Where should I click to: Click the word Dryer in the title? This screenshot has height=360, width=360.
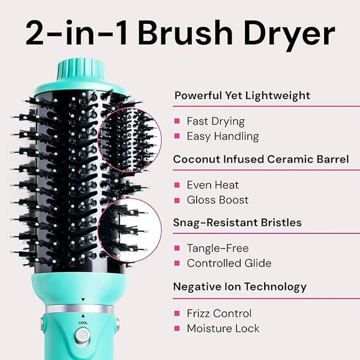289,34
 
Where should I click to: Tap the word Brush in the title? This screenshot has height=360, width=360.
185,32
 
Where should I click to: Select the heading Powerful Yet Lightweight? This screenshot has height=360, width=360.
242,95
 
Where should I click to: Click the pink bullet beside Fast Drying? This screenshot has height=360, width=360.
177,121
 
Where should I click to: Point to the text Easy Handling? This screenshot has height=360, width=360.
223,136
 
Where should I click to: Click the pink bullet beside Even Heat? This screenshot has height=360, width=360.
177,185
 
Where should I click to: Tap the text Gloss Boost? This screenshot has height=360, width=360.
218,200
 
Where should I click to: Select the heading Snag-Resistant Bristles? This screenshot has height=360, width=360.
238,223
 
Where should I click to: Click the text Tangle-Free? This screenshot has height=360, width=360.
218,248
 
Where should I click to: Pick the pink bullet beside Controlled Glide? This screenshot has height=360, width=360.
177,263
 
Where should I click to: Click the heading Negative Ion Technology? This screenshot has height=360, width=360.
240,287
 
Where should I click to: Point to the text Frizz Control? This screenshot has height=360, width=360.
219,313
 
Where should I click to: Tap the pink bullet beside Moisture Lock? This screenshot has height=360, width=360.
177,328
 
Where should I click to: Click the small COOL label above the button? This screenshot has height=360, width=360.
83,323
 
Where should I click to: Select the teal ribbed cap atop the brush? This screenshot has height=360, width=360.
81,70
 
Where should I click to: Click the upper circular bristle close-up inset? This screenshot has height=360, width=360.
130,140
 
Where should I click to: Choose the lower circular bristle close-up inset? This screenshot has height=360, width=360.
130,230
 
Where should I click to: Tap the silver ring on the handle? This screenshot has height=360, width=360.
79,309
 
